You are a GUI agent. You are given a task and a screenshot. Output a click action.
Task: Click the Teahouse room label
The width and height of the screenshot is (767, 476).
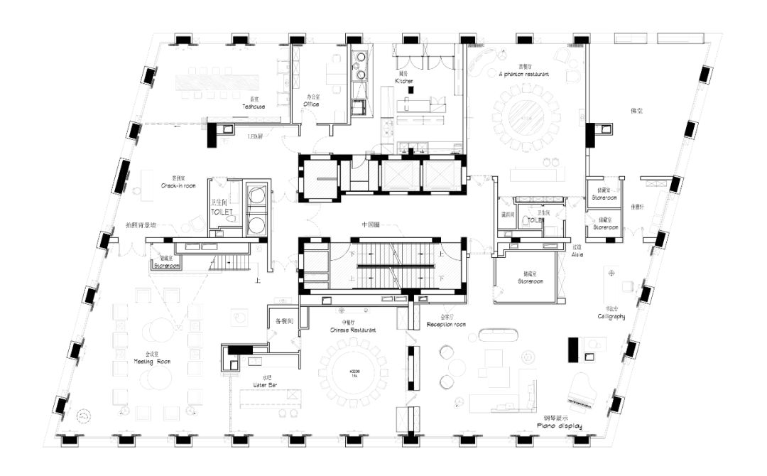[x=253, y=107]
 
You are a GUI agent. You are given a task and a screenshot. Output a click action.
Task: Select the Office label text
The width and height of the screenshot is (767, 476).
[x=311, y=104]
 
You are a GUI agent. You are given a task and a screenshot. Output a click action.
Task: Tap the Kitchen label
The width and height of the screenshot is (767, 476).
[x=404, y=81]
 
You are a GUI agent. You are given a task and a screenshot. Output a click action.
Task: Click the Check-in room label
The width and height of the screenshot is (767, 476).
[x=173, y=185]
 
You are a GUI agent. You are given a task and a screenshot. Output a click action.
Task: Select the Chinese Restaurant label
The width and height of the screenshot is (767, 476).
[x=353, y=330]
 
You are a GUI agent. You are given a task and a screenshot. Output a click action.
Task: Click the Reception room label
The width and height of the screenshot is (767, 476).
[x=446, y=324]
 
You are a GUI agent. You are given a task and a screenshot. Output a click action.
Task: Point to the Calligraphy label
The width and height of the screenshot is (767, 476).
[x=611, y=316]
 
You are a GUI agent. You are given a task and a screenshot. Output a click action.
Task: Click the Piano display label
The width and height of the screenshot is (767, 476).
[x=560, y=427]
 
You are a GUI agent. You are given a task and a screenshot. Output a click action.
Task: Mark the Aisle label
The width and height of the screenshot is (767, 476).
[x=577, y=254]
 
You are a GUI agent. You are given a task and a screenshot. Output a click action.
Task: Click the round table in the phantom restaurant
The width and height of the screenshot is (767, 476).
[x=526, y=118]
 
